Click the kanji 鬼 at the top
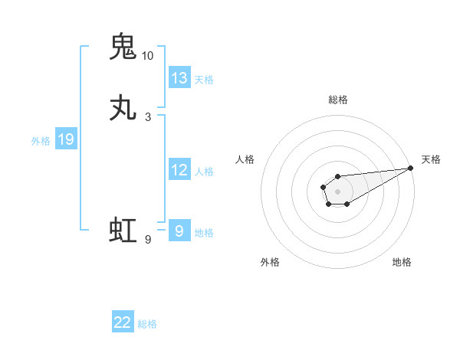pyautogui.click(x=123, y=47)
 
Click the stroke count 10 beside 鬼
pyautogui.click(x=147, y=56)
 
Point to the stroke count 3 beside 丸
pyautogui.click(x=147, y=117)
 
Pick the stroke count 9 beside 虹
pyautogui.click(x=147, y=240)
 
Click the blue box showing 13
pyautogui.click(x=179, y=78)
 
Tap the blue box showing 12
pyautogui.click(x=179, y=170)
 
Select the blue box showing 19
pyautogui.click(x=66, y=139)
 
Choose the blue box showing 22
pyautogui.click(x=123, y=323)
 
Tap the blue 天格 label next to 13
pyautogui.click(x=204, y=79)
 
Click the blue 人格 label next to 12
pyautogui.click(x=204, y=171)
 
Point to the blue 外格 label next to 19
pyautogui.click(x=41, y=140)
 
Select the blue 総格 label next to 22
pyautogui.click(x=147, y=324)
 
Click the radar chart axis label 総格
pyautogui.click(x=337, y=100)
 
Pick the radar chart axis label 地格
pyautogui.click(x=402, y=262)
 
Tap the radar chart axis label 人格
pyautogui.click(x=245, y=159)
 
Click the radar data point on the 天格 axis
pyautogui.click(x=410, y=168)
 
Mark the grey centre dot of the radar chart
pyautogui.click(x=337, y=191)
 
